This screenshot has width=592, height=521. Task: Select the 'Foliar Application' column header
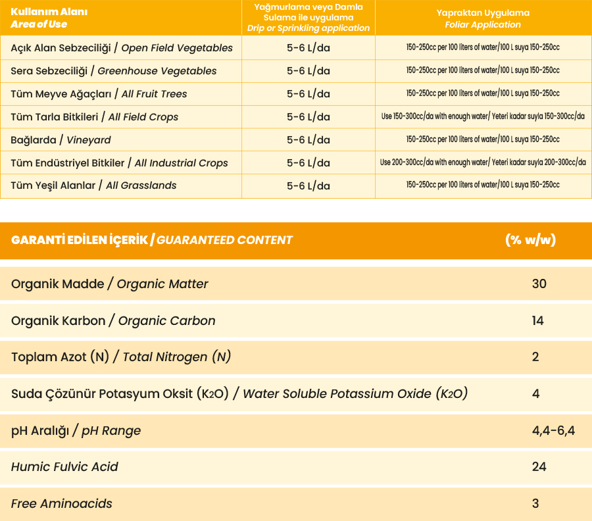483,18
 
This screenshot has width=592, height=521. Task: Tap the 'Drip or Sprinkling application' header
308,18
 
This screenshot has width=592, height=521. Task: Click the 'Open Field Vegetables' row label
122,48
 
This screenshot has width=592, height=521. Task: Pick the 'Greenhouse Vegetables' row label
114,71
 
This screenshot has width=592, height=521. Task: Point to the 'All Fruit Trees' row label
99,94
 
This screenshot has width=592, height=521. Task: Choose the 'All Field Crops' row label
95,117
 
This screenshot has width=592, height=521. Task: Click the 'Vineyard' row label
61,140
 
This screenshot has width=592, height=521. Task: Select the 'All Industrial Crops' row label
119,163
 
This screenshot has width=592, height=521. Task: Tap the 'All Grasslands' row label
93,186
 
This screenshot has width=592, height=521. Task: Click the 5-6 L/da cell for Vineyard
308,140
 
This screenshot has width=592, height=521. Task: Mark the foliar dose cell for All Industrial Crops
483,162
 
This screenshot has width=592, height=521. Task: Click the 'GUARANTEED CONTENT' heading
152,240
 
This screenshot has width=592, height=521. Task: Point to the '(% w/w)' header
530,240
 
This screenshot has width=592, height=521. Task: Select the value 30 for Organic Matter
539,284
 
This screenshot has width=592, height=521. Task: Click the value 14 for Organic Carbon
538,321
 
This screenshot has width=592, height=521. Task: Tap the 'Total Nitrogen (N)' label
121,357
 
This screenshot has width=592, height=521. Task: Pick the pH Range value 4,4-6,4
553,431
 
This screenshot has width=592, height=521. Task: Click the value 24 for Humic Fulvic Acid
539,467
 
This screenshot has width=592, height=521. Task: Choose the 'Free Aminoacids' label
62,504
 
